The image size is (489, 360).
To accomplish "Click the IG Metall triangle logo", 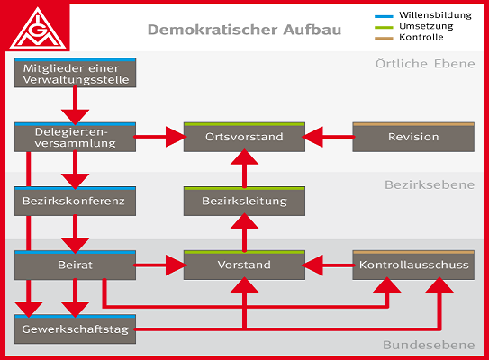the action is (x=38, y=29).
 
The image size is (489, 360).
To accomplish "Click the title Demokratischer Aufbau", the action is (x=244, y=30).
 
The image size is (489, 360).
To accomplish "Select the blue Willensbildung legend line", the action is (x=384, y=16).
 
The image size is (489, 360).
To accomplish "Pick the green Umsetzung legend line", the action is (x=384, y=27).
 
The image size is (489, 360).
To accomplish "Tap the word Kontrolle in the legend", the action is (x=421, y=37).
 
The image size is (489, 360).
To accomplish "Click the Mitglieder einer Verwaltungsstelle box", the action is (x=75, y=73).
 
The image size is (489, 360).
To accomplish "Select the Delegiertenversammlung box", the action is (x=75, y=137).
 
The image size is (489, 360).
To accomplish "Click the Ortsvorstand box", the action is (x=244, y=137).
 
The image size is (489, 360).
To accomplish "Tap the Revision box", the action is (x=413, y=137).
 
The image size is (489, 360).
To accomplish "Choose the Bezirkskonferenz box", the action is (x=75, y=202).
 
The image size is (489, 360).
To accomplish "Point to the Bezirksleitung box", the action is (x=244, y=202).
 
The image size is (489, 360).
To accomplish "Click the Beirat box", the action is (x=75, y=265).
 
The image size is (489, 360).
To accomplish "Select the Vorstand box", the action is (x=244, y=265).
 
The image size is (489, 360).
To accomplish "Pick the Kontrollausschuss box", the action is (x=413, y=265).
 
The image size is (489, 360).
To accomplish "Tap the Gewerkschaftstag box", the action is (x=75, y=329).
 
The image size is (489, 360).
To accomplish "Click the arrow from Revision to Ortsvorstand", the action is (x=329, y=137).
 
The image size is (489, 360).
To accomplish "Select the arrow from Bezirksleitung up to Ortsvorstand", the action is (x=244, y=168).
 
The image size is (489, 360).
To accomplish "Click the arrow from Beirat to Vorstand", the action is (x=160, y=265).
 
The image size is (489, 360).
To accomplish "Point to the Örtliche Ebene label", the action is (x=425, y=64).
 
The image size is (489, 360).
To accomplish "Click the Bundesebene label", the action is (x=429, y=346).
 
